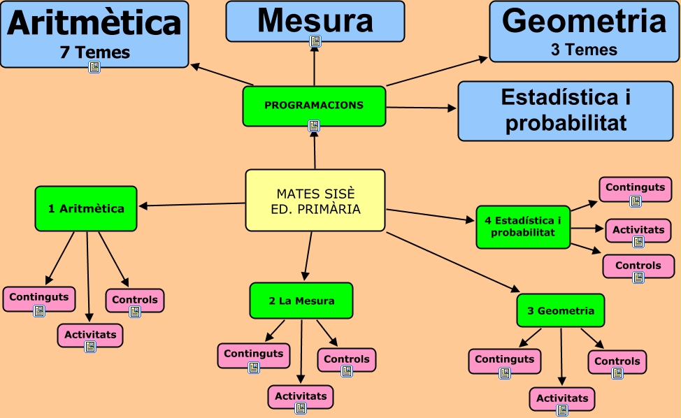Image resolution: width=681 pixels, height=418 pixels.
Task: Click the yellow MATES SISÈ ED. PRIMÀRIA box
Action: [315, 200]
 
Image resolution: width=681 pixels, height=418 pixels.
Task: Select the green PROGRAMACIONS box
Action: [314, 106]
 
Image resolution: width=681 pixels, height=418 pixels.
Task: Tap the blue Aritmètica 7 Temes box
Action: [94, 34]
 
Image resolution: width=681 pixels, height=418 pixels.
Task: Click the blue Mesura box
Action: [315, 21]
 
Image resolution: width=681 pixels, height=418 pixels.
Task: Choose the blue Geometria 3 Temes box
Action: [584, 31]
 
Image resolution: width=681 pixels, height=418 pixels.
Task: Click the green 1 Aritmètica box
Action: [86, 208]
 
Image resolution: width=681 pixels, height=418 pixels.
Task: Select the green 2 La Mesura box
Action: [301, 301]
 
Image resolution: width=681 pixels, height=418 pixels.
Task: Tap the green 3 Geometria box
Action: [561, 310]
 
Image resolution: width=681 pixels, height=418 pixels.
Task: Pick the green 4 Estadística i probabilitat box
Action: [523, 226]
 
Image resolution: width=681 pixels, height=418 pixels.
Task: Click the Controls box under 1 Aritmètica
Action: [135, 300]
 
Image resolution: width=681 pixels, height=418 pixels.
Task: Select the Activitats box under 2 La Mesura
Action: [301, 396]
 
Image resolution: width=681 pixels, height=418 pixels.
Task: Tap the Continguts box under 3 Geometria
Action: [504, 360]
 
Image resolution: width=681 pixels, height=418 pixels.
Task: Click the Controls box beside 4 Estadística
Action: [638, 266]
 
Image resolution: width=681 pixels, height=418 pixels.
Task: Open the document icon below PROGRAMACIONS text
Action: [314, 126]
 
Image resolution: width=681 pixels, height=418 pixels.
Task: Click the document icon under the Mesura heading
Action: [315, 41]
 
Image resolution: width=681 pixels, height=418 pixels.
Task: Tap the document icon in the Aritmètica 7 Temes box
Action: [94, 67]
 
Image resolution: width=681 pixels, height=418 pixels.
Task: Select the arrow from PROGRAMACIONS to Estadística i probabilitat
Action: [421, 108]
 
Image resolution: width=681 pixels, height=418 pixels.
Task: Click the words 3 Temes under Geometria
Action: [584, 50]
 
